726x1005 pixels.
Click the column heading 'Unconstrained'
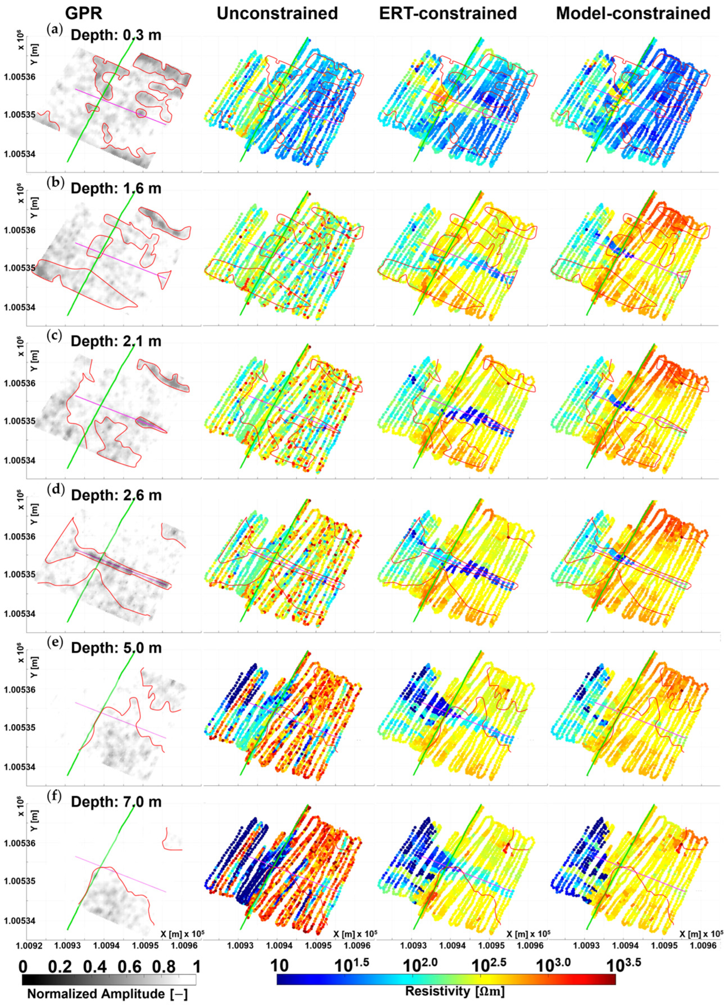point(277,14)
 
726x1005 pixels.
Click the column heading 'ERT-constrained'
point(448,14)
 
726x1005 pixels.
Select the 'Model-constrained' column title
point(633,14)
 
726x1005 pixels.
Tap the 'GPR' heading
point(84,14)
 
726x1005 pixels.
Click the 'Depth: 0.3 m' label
point(116,35)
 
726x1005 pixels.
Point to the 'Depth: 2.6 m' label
point(116,494)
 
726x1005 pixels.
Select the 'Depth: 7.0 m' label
point(116,801)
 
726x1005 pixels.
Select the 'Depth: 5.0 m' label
point(116,648)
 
